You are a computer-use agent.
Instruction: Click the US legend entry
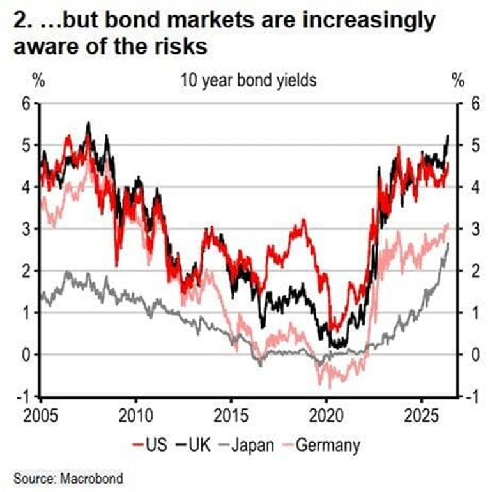[150, 445]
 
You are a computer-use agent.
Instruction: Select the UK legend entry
[194, 445]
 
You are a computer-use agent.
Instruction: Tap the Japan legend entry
[247, 445]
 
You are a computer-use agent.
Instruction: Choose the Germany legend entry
[321, 445]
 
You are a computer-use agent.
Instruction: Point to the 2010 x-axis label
[136, 415]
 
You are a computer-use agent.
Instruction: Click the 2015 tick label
[231, 415]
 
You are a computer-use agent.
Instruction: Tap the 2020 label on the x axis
[326, 415]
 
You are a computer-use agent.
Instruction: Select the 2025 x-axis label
[421, 415]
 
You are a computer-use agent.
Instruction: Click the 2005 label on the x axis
[41, 415]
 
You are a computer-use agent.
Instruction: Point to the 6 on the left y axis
[26, 104]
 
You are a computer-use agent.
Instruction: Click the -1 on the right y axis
[472, 397]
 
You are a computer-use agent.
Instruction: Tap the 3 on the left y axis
[26, 229]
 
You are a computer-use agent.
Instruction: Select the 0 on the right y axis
[475, 355]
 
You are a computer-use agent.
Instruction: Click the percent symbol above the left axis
[39, 81]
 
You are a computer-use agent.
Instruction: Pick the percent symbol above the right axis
[458, 81]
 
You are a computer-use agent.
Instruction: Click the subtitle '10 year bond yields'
[249, 81]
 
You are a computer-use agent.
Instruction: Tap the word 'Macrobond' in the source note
[91, 479]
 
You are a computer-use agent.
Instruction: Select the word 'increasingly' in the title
[369, 21]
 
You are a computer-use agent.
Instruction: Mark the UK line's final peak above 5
[448, 136]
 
